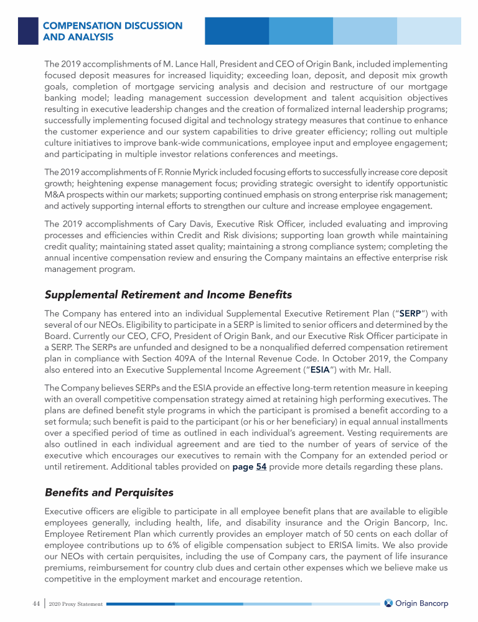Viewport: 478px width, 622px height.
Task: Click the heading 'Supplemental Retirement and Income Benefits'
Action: click(x=168, y=294)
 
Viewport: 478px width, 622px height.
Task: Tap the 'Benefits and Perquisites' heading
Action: click(x=109, y=493)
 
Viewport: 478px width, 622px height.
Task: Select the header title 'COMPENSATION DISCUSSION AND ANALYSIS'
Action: click(x=113, y=31)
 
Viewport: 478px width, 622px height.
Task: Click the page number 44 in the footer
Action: click(x=36, y=604)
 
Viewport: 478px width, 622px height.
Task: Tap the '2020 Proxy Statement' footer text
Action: click(x=75, y=605)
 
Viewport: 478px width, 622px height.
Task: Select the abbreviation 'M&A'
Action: click(x=55, y=193)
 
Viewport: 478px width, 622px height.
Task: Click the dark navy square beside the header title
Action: click(x=27, y=30)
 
